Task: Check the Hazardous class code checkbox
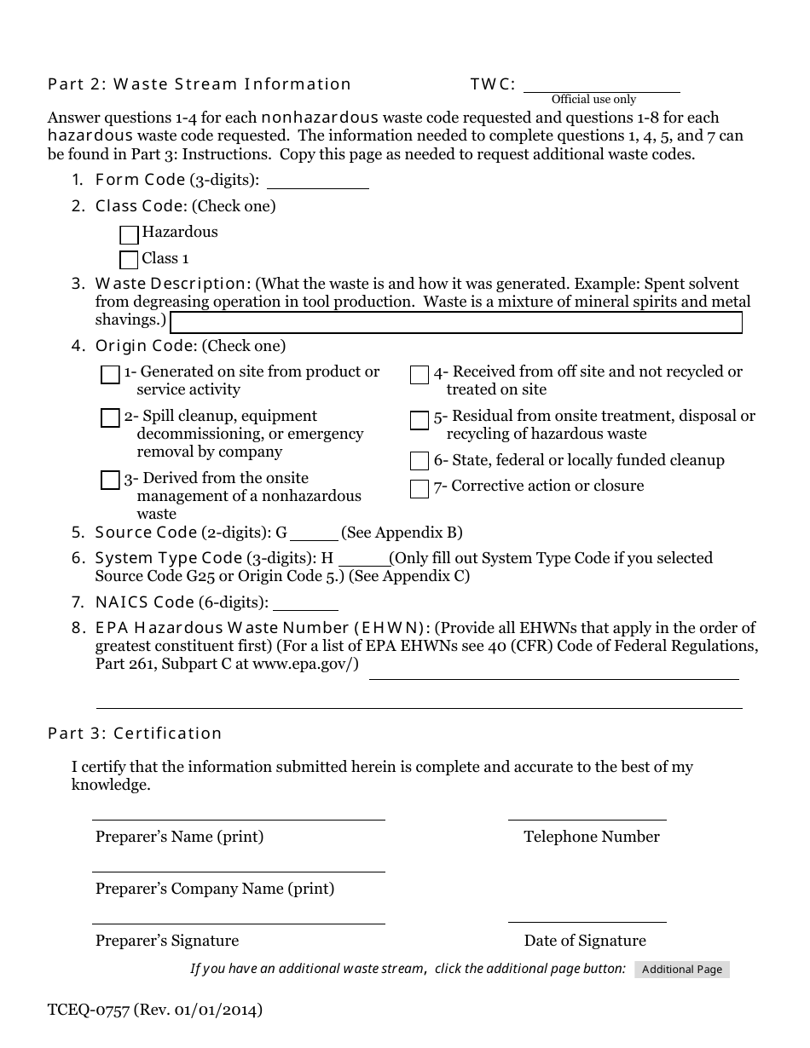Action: pos(129,234)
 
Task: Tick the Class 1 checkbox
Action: pos(129,260)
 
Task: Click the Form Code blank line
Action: pos(317,181)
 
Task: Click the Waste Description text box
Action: pos(456,323)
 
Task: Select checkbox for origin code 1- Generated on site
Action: pos(110,375)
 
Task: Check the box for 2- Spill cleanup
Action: pos(110,418)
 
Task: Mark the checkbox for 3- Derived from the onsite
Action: pos(110,481)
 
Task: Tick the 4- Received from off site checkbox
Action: pos(419,376)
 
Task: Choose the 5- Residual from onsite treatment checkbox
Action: pos(419,420)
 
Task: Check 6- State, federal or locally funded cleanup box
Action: pos(419,462)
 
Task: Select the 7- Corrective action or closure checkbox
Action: pos(419,489)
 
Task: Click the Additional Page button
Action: pos(682,970)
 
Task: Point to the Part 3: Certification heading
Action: pos(135,734)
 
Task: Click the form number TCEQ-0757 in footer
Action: pos(89,1011)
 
